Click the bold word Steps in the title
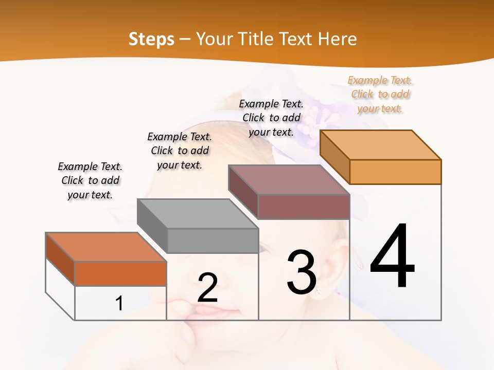point(151,39)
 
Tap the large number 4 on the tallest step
point(392,256)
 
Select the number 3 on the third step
point(301,272)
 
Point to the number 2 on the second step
point(207,288)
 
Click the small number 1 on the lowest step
point(119,304)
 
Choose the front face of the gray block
point(213,240)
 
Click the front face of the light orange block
point(395,172)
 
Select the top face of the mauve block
point(289,179)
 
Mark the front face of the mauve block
point(304,207)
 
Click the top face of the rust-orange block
point(106,247)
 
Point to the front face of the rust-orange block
point(120,273)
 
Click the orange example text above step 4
point(380,95)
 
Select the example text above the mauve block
point(271,118)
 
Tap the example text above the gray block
point(180,151)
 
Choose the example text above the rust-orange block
point(90,180)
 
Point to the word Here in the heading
point(338,39)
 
